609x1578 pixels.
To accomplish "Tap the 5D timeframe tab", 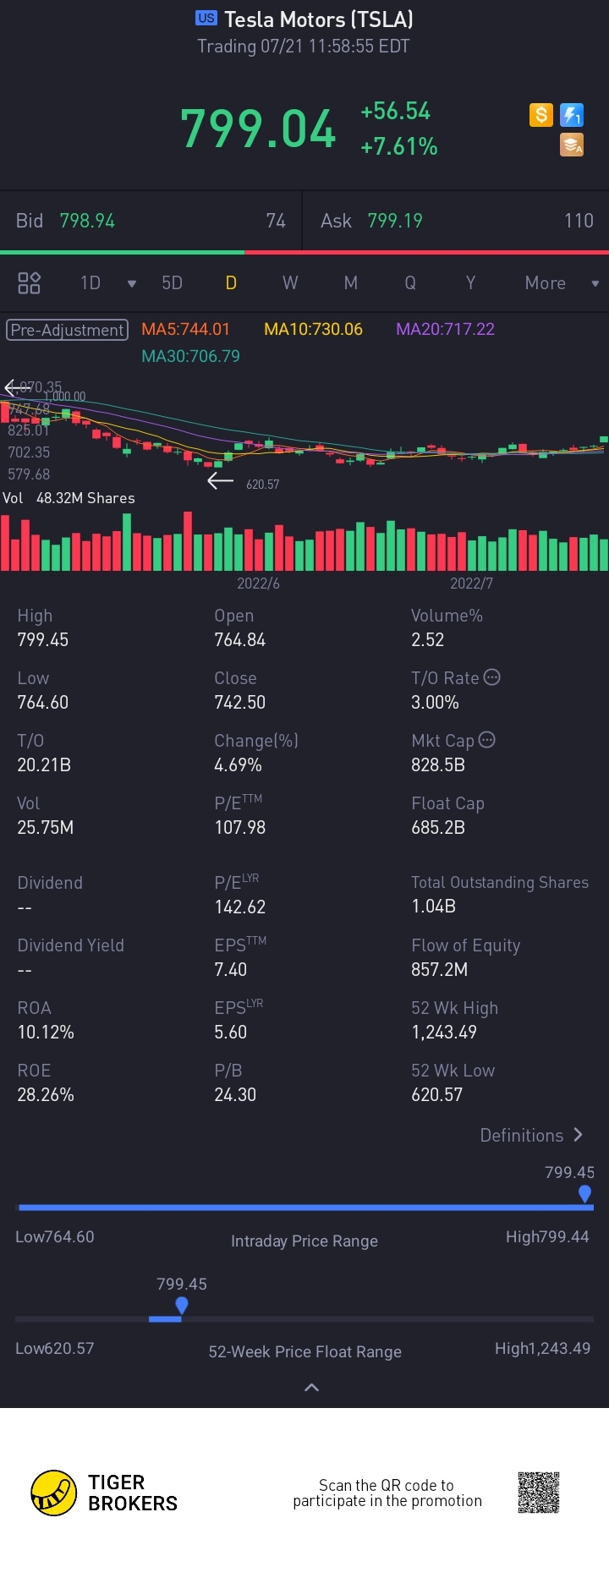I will click(172, 283).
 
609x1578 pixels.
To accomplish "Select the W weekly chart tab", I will click(290, 283).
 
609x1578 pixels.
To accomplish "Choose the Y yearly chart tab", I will click(470, 283).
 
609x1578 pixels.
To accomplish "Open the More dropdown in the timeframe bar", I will click(561, 283).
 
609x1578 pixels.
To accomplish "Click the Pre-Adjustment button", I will click(68, 330).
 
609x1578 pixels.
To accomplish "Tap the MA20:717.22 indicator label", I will click(445, 329).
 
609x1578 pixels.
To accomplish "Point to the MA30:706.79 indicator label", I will click(190, 356).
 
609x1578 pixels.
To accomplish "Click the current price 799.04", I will click(258, 129).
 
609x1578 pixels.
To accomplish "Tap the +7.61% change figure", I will click(398, 147).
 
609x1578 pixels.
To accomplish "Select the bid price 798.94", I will click(87, 221).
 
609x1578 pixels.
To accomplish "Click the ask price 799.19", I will click(395, 221).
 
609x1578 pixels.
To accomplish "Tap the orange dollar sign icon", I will click(540, 115).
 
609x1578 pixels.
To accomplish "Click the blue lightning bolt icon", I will click(573, 115).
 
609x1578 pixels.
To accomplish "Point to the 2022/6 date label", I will click(258, 584).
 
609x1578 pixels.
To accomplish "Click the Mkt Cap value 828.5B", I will click(438, 765).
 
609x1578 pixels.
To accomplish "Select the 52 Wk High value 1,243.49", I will click(444, 1033).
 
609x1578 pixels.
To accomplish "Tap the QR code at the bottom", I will click(539, 1493).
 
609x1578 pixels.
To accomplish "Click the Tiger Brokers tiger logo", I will click(53, 1493).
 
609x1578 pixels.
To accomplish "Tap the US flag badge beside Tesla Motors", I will click(206, 18).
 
